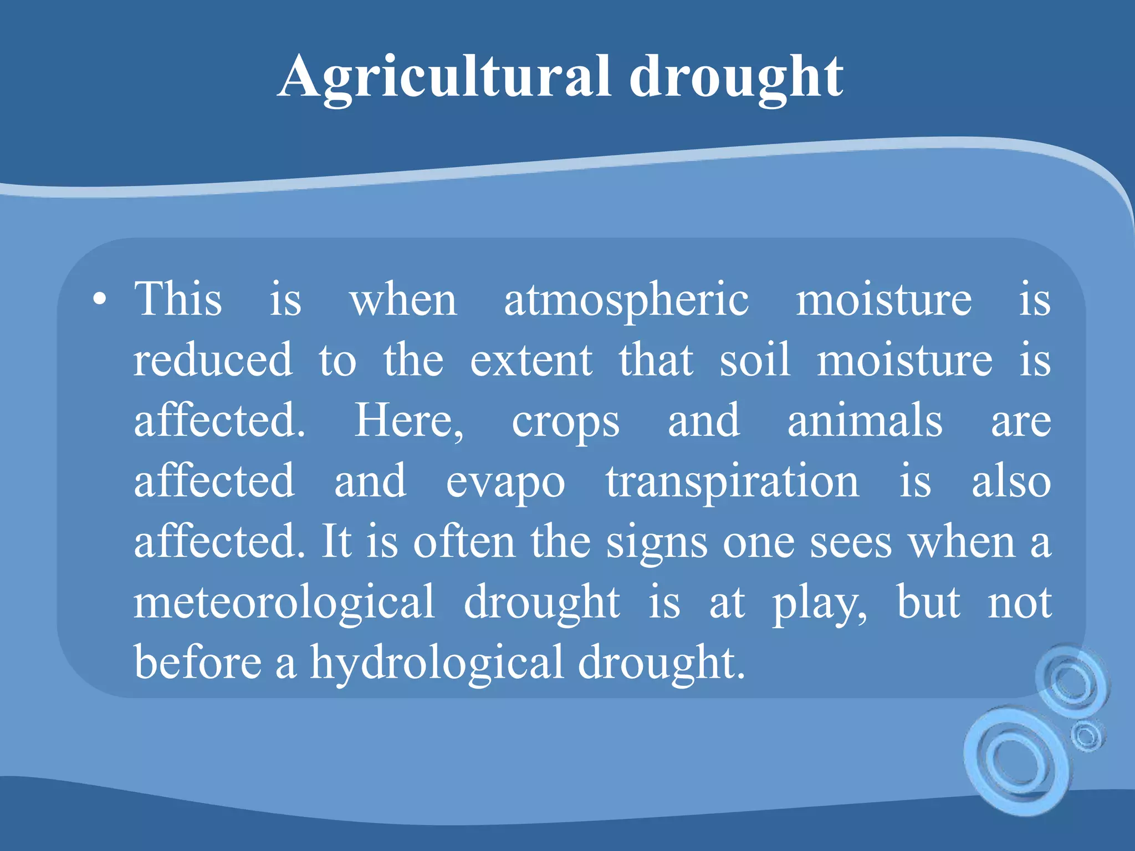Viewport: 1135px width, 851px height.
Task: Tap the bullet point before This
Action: (100, 300)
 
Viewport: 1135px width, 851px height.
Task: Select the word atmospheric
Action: (626, 301)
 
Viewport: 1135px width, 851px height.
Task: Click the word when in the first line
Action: (403, 301)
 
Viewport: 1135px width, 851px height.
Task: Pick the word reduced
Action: (213, 360)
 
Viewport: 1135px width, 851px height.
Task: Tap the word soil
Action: (755, 360)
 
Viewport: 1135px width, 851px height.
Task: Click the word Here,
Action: (409, 421)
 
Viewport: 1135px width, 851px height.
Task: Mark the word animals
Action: (865, 421)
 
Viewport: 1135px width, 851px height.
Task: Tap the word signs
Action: (657, 543)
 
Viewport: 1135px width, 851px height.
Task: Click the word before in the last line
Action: (198, 662)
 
